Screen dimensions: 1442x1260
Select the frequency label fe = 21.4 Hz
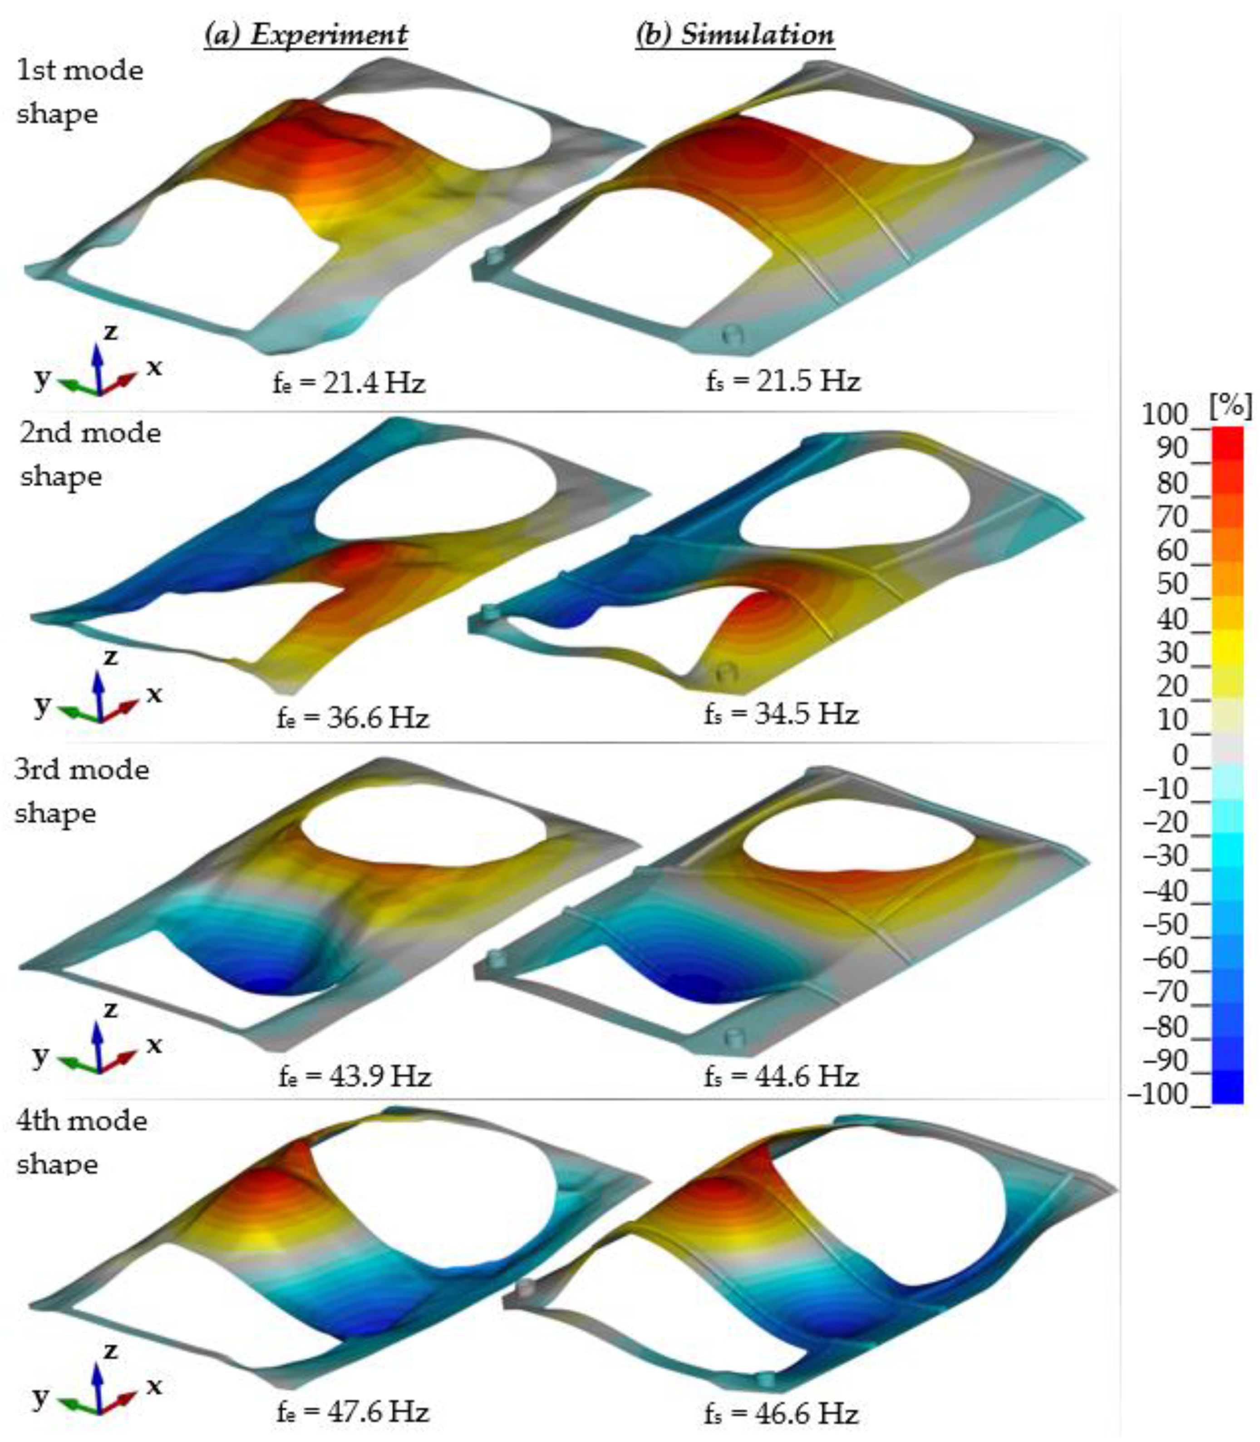[349, 383]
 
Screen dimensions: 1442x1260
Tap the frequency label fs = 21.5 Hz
[783, 381]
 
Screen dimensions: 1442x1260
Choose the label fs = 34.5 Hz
[781, 714]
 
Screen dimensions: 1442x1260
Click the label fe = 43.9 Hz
[354, 1076]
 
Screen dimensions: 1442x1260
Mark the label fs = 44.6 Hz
[781, 1076]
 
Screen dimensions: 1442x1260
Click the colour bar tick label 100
[1164, 415]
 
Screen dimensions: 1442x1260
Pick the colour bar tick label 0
[1180, 756]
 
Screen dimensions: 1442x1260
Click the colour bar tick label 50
[1171, 584]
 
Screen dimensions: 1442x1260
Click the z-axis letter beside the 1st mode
[110, 331]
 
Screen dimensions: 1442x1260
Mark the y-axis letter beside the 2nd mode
[42, 703]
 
